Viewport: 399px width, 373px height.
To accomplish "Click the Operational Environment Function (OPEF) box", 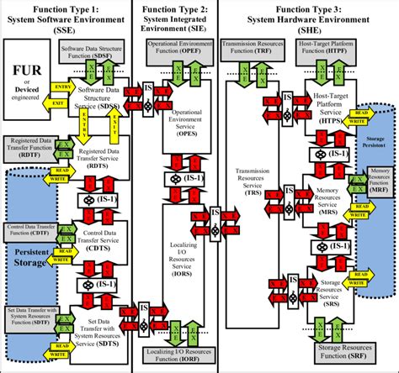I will point(179,45).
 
